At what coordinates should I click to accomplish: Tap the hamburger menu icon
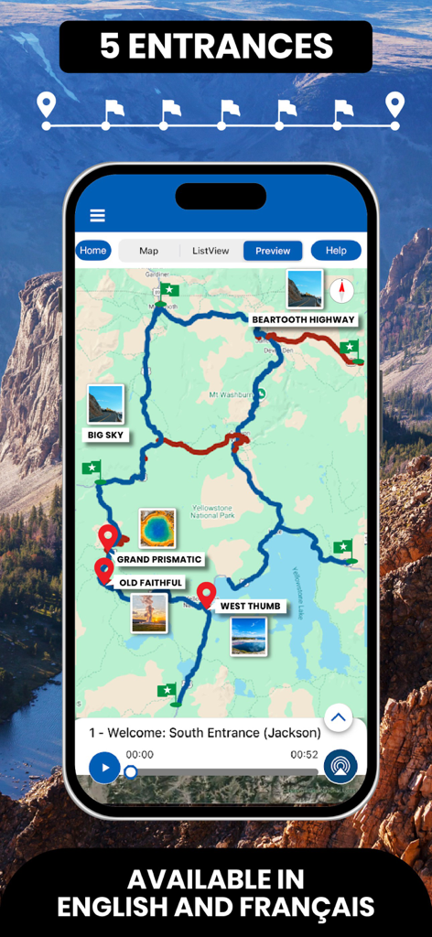tap(97, 216)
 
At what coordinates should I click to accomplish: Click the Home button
tap(92, 251)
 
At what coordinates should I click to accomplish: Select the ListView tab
tap(211, 251)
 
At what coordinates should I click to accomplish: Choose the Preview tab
tap(273, 251)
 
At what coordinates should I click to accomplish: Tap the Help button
tap(336, 251)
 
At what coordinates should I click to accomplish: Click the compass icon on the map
tap(343, 291)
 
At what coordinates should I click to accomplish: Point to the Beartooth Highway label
tap(303, 319)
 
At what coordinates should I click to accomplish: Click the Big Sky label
tap(105, 436)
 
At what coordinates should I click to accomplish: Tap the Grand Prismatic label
tap(159, 559)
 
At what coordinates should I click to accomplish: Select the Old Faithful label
tap(151, 583)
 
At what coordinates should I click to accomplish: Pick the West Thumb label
tap(252, 606)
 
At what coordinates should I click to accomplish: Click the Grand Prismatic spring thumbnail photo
tap(157, 529)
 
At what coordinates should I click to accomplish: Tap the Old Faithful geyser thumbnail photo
tap(149, 612)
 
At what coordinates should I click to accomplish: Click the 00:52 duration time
tap(304, 755)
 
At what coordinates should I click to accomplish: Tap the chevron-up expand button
tap(339, 718)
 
